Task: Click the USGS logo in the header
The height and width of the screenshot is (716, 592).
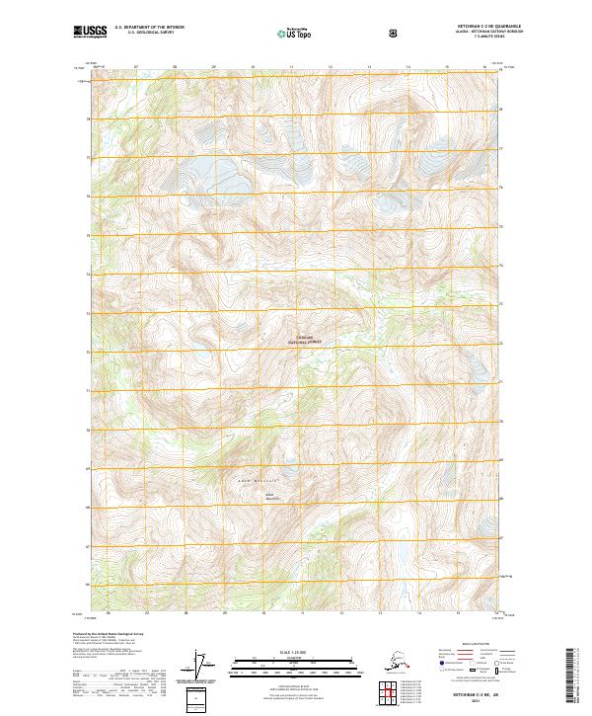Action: (x=91, y=32)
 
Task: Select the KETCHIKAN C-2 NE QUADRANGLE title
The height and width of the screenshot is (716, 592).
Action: (x=468, y=27)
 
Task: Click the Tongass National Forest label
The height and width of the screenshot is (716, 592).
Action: (x=305, y=340)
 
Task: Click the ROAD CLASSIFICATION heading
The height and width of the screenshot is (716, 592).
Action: (x=477, y=643)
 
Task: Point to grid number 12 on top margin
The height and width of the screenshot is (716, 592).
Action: (x=330, y=67)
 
